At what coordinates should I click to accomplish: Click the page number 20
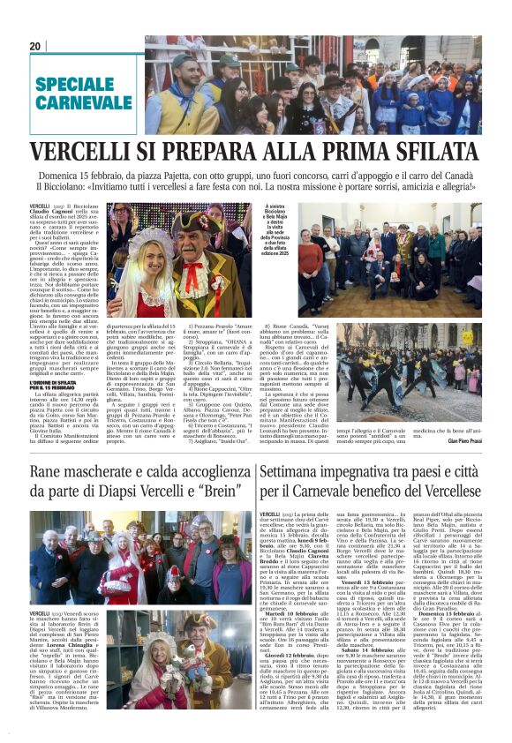35,46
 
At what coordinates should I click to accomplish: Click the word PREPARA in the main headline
242,151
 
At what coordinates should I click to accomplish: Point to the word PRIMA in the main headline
348,151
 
